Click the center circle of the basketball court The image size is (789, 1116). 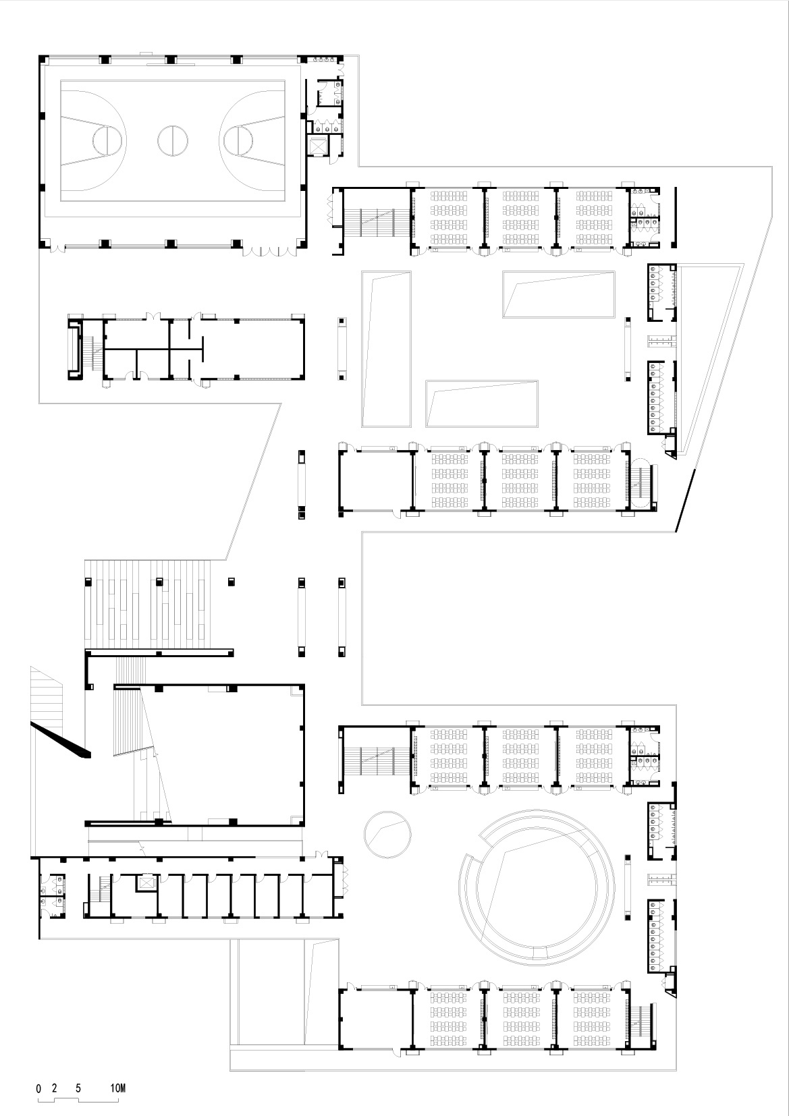click(173, 140)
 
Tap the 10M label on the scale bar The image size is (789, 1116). click(118, 1088)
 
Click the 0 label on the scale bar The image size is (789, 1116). click(38, 1088)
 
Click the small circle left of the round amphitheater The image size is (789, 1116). click(387, 834)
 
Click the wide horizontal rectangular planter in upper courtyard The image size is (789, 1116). click(559, 294)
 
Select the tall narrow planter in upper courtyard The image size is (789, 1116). click(387, 349)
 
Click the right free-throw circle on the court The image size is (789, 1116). click(238, 140)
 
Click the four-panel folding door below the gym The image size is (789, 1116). click(270, 250)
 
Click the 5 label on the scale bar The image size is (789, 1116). click(79, 1088)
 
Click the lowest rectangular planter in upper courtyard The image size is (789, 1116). click(482, 403)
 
